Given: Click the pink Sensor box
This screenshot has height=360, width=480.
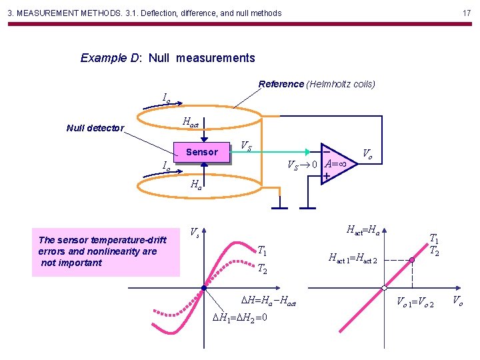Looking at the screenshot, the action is [x=201, y=153].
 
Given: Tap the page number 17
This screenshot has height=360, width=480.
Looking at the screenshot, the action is [x=467, y=13].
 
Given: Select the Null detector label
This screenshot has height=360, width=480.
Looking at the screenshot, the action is [x=95, y=128].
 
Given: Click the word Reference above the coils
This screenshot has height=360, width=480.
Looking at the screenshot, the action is [x=281, y=84].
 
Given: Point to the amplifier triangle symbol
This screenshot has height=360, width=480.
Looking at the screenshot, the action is [x=337, y=163].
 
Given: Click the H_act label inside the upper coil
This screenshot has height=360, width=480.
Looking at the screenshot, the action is [x=190, y=123].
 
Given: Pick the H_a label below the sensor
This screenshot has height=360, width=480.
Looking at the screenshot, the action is [x=196, y=185].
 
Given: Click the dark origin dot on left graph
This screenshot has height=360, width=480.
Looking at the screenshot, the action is [x=203, y=288].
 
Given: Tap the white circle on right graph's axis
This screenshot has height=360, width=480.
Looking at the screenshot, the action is [x=385, y=288].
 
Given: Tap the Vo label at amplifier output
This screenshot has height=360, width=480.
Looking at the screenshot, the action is [x=367, y=154].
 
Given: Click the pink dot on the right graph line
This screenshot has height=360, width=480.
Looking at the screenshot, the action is [x=413, y=260].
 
